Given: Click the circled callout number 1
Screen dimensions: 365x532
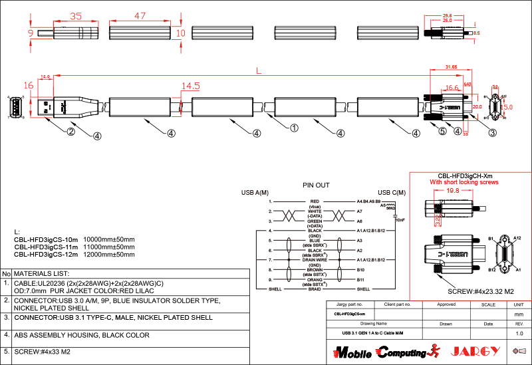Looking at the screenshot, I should [294, 128].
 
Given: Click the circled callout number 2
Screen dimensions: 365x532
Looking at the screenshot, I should [70, 131].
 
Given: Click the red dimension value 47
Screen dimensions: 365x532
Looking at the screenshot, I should [140, 15].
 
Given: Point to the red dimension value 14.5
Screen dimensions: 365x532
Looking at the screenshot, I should [190, 86].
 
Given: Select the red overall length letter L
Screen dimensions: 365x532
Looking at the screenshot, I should [259, 69].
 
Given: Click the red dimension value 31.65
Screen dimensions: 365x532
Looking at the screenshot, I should [451, 66].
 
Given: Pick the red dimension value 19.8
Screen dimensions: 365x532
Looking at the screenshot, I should [453, 191].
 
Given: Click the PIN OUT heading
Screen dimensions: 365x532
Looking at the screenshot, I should [316, 185].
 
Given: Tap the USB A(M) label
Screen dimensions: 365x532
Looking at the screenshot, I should [255, 193].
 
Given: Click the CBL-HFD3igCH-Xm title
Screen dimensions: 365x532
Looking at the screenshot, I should [464, 176].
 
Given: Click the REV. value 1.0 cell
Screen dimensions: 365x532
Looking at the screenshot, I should [519, 333].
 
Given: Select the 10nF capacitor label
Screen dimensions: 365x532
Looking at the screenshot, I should [400, 219].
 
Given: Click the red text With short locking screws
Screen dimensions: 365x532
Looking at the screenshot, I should [464, 182].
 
